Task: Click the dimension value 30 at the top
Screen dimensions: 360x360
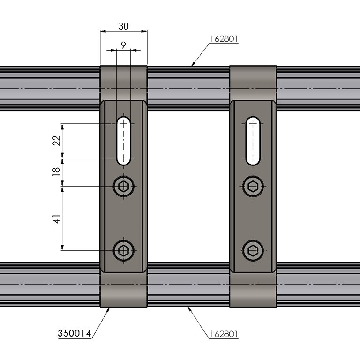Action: [x=124, y=26]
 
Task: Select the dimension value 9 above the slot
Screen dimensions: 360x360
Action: [x=123, y=45]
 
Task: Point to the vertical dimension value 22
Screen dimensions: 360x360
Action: [x=56, y=141]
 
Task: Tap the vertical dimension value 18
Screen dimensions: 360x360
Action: [x=56, y=172]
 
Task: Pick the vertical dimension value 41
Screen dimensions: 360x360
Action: [x=56, y=219]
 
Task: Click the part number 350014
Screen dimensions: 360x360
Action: [x=75, y=333]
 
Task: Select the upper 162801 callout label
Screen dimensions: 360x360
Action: [x=224, y=39]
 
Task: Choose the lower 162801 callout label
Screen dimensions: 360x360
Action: [x=224, y=334]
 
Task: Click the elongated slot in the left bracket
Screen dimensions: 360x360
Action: [x=124, y=141]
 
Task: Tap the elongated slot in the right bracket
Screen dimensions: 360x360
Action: [x=253, y=141]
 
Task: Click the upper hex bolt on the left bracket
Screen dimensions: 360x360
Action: [x=124, y=186]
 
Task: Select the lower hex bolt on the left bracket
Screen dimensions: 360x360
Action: [x=124, y=250]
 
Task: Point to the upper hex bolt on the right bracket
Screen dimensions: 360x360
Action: [x=253, y=186]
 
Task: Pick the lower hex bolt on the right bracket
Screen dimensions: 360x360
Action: [x=253, y=250]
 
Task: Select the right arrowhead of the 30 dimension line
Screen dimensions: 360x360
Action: [x=144, y=31]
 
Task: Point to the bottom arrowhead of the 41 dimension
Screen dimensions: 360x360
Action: [x=62, y=247]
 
